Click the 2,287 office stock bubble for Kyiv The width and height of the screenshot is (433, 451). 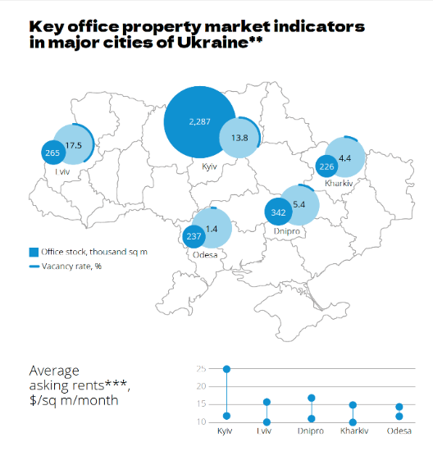click(199, 122)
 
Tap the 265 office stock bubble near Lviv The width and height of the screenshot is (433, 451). click(54, 152)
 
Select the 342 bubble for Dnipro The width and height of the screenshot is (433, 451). click(277, 212)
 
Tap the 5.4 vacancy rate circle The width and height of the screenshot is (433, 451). click(299, 204)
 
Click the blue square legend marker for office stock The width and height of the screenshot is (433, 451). click(34, 251)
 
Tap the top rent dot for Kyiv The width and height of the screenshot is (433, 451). click(226, 369)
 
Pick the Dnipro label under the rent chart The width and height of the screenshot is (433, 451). click(311, 431)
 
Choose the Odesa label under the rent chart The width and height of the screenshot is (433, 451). click(399, 431)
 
